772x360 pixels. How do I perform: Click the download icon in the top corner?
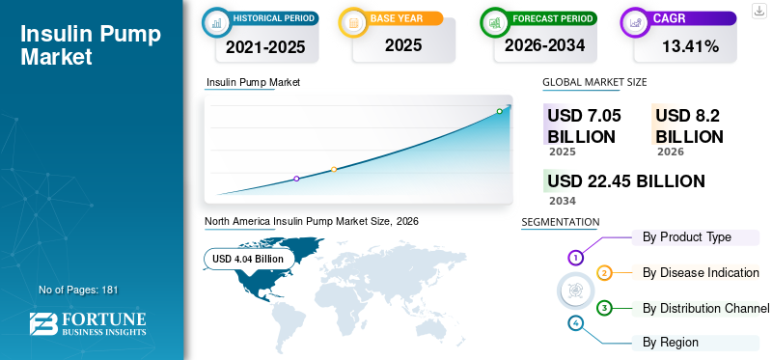click(x=759, y=11)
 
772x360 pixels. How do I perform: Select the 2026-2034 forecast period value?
click(x=544, y=45)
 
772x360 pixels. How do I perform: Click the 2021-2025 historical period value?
click(x=266, y=46)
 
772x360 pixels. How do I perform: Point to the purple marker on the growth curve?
click(x=296, y=179)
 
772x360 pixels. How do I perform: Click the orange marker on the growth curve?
click(x=334, y=170)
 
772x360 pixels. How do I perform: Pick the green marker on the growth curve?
click(x=499, y=111)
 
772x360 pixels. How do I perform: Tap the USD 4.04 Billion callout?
click(x=248, y=259)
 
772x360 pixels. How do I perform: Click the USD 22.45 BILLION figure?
click(x=626, y=181)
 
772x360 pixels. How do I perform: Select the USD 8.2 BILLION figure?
click(x=689, y=126)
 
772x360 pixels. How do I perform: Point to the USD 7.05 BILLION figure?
click(x=584, y=126)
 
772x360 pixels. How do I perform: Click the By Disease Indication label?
click(x=701, y=272)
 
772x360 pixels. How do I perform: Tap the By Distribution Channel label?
click(x=705, y=308)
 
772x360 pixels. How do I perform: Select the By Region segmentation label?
click(x=670, y=343)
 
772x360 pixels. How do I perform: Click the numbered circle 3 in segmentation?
click(x=604, y=308)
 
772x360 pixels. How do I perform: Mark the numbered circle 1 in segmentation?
click(x=575, y=257)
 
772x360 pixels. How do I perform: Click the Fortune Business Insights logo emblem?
click(x=43, y=323)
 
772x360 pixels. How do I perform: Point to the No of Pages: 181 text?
click(x=78, y=290)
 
